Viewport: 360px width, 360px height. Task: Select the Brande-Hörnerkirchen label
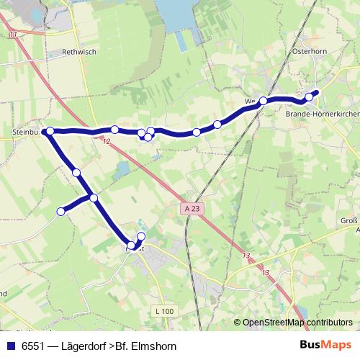point(322,114)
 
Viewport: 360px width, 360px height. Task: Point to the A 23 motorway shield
point(189,207)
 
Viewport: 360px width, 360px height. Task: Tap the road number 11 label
point(13,34)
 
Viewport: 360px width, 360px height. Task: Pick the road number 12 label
point(107,141)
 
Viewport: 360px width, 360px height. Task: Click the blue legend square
point(10,346)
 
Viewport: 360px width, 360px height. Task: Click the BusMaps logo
point(326,346)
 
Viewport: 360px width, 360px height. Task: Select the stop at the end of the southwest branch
point(61,211)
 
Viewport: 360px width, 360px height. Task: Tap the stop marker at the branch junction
point(94,197)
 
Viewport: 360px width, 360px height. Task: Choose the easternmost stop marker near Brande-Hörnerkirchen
point(310,96)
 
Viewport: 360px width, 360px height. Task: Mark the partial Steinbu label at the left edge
point(26,132)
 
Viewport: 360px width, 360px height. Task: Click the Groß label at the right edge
point(348,222)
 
